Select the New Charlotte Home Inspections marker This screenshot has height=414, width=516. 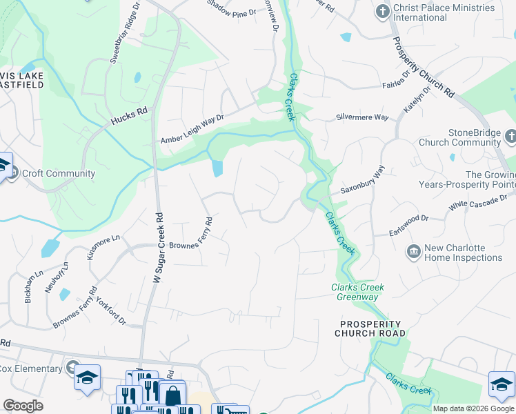pos(414,253)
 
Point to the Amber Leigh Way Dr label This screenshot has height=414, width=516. pos(192,129)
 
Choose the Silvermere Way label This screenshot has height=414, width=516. pos(362,117)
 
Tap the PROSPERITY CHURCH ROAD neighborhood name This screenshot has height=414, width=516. pos(370,328)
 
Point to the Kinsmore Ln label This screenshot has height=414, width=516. pos(103,248)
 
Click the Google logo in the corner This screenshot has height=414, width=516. pos(23,406)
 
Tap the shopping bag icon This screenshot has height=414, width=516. pos(173,395)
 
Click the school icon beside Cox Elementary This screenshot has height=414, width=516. pos(87,377)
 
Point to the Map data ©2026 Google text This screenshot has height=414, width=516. pos(473,408)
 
